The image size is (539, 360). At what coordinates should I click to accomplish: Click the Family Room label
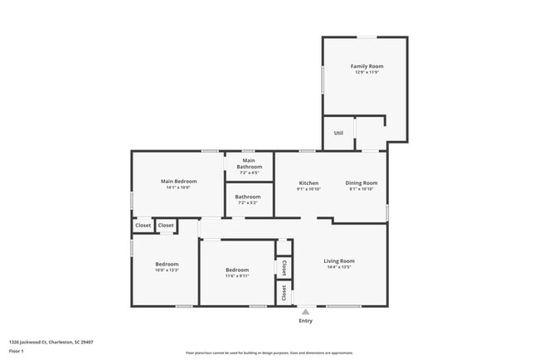(x=366, y=66)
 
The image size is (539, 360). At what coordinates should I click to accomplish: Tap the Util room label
(x=338, y=133)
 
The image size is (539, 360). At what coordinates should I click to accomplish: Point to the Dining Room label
(x=361, y=182)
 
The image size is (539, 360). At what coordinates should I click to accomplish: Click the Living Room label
(x=338, y=260)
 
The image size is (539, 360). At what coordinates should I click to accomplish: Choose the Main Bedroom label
(x=178, y=181)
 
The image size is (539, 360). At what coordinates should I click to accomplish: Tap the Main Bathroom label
(x=249, y=163)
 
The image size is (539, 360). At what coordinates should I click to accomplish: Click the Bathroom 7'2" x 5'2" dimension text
(x=249, y=203)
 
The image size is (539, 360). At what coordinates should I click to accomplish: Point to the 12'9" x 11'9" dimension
(x=366, y=73)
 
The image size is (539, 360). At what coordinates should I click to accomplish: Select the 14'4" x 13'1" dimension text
(x=338, y=268)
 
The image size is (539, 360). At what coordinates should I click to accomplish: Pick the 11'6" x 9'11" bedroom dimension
(x=237, y=276)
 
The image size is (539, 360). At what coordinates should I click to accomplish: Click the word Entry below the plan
(x=305, y=321)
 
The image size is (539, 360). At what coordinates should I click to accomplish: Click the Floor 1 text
(x=17, y=351)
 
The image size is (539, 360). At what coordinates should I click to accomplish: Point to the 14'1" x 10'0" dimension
(x=178, y=188)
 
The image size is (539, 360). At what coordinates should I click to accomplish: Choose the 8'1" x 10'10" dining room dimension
(x=361, y=190)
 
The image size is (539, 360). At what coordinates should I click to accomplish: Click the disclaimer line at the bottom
(x=269, y=353)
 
